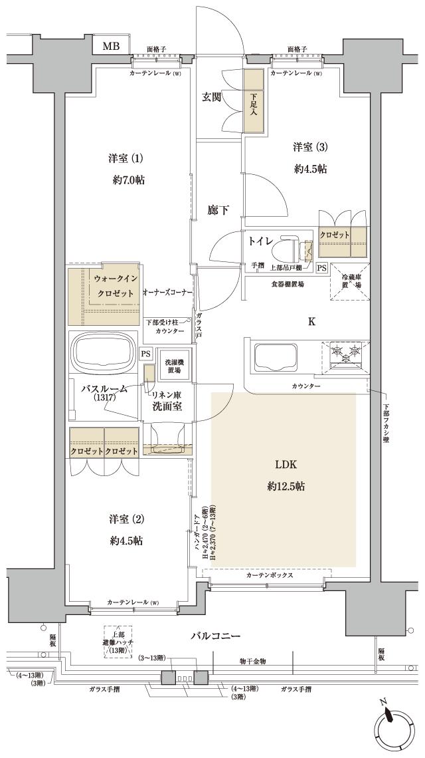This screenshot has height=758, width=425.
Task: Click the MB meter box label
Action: tap(110, 46)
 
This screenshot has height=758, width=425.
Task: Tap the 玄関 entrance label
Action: tap(212, 97)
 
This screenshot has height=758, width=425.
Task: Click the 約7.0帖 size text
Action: tap(127, 180)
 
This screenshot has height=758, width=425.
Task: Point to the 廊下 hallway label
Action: tap(218, 211)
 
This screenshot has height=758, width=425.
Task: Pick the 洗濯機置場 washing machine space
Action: tap(175, 366)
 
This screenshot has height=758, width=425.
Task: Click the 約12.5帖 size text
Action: tap(286, 487)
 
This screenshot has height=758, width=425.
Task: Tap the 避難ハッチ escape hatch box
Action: tap(117, 642)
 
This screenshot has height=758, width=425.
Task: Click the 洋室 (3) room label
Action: tap(311, 147)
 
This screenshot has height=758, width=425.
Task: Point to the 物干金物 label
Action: tap(253, 662)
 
